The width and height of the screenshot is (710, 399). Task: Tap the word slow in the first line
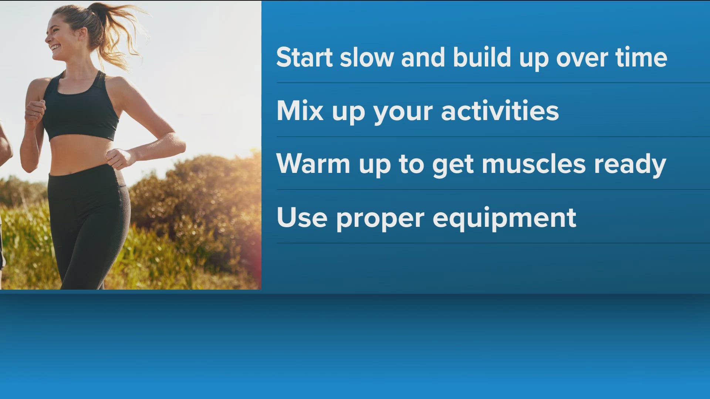[366, 58]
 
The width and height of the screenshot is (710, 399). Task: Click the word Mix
[300, 110]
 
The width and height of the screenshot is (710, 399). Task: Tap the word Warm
[313, 164]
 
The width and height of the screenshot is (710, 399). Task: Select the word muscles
[534, 164]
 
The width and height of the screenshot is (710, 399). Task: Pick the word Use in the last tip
[302, 217]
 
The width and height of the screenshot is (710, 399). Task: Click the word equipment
[504, 219]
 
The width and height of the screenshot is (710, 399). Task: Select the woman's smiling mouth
[56, 47]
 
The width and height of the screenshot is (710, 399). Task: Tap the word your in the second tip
[403, 113]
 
